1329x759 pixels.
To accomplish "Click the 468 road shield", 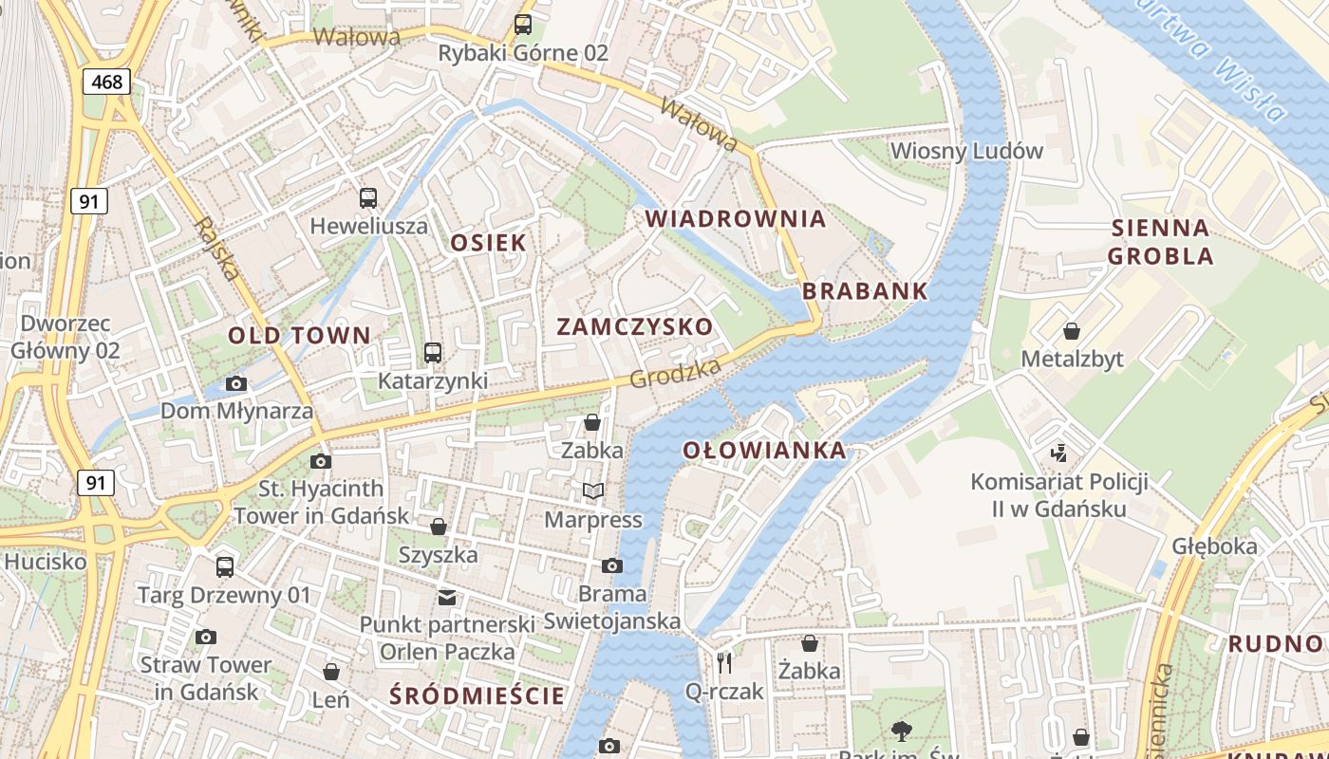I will pyautogui.click(x=106, y=82).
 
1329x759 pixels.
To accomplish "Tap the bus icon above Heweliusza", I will pyautogui.click(x=368, y=198).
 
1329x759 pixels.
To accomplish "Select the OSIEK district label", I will pyautogui.click(x=488, y=242).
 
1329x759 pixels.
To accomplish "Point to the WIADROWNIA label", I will pyautogui.click(x=736, y=218).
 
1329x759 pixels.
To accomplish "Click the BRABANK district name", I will pyautogui.click(x=865, y=291).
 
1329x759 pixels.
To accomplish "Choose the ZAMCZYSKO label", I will pyautogui.click(x=634, y=326).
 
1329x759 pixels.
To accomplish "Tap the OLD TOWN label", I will pyautogui.click(x=299, y=335).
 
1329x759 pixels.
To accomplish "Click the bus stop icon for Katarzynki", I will pyautogui.click(x=433, y=353).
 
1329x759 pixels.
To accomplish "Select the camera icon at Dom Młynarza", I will pyautogui.click(x=236, y=384).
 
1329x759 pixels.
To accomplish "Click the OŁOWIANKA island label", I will pyautogui.click(x=764, y=450).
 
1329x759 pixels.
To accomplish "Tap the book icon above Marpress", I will pyautogui.click(x=593, y=491).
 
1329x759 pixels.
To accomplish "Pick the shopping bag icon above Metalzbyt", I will pyautogui.click(x=1072, y=331).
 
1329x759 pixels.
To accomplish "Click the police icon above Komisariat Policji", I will pyautogui.click(x=1058, y=454).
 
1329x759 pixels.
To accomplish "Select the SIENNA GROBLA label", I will pyautogui.click(x=1160, y=242).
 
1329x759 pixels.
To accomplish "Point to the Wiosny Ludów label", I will pyautogui.click(x=966, y=151).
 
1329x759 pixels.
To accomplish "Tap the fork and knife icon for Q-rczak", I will pyautogui.click(x=724, y=662).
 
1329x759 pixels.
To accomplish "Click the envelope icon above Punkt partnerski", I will pyautogui.click(x=446, y=598).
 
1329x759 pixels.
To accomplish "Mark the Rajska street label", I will pyautogui.click(x=216, y=249).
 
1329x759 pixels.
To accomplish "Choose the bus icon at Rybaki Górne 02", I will pyautogui.click(x=523, y=25).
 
